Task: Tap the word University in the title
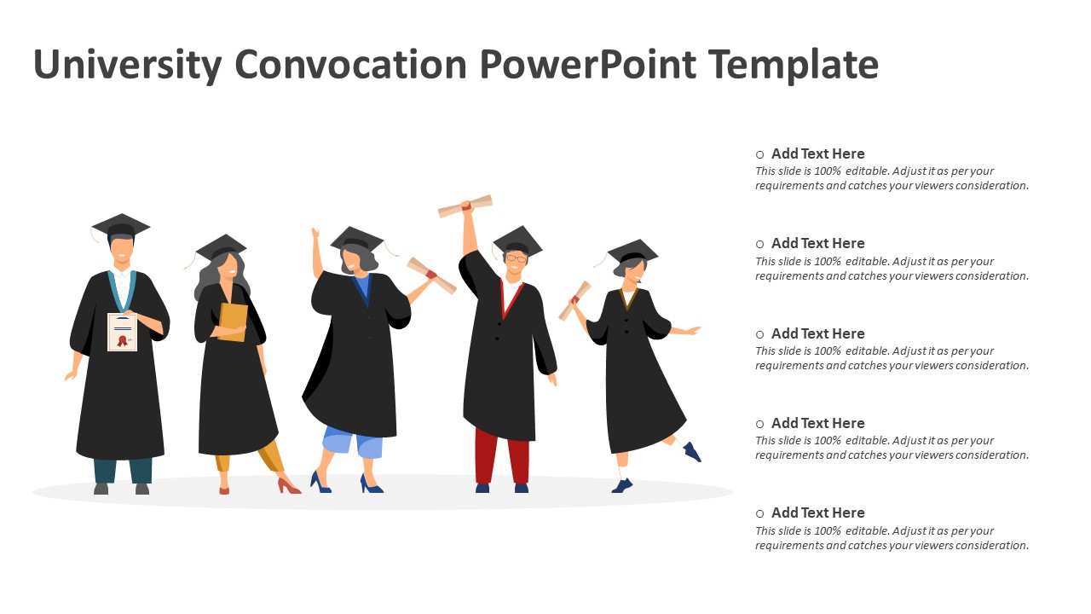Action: coord(126,65)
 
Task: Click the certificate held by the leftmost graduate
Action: coord(122,332)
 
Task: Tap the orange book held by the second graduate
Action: coord(232,322)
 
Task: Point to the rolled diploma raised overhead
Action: coord(465,206)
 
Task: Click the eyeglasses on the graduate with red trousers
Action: coord(516,258)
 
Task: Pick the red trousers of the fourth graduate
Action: coord(501,456)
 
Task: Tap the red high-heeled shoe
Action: coord(288,486)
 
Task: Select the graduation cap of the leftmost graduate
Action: coord(121,225)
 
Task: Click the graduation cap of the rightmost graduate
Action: coord(632,252)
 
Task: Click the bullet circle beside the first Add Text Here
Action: coord(760,154)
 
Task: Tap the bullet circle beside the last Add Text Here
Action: coord(760,513)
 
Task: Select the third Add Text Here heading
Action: coord(817,333)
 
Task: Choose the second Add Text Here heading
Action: coord(817,244)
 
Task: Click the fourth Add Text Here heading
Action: coord(817,423)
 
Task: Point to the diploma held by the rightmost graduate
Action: coord(574,300)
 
